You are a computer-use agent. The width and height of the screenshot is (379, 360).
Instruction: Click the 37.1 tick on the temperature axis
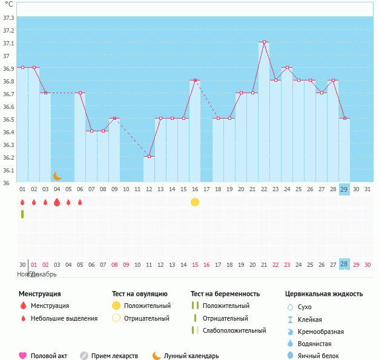pos(9,43)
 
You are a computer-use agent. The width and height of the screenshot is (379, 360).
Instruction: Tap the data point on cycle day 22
pos(264,42)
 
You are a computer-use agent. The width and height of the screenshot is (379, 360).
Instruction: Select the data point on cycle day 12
pos(149,156)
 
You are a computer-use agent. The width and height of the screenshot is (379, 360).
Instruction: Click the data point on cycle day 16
pos(195,80)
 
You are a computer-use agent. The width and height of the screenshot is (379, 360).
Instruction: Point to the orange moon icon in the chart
pos(58,175)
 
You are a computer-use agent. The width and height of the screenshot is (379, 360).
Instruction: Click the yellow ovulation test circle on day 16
pos(195,202)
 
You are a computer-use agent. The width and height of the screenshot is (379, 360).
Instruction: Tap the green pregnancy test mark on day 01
pos(22,214)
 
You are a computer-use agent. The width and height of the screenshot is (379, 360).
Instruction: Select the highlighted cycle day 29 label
pos(344,189)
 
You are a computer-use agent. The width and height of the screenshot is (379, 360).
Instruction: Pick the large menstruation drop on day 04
pos(57,202)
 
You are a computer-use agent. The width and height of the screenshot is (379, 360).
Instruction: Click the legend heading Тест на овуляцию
pos(139,294)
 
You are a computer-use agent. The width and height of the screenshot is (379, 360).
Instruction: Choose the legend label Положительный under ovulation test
pos(147,306)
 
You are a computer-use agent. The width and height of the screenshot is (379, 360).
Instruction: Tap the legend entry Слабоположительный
pos(234,330)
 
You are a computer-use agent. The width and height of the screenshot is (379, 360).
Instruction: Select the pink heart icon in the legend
pos(23,356)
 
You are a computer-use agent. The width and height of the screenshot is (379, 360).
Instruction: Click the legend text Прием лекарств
pos(114,356)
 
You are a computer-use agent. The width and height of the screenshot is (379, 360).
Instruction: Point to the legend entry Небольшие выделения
pos(64,318)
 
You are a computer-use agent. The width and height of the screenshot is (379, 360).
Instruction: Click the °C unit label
pos(8,4)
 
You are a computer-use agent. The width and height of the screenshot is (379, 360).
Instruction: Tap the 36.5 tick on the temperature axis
pos(9,119)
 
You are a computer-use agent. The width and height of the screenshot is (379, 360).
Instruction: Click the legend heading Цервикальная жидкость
pos(324,294)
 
